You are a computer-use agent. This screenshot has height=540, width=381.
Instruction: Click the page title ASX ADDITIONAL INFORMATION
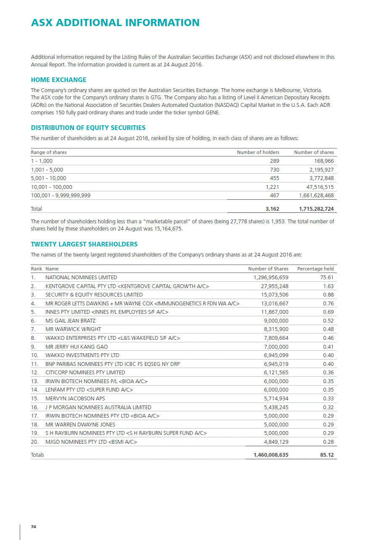[x=115, y=23]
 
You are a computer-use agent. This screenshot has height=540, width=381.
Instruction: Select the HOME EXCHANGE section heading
[x=59, y=80]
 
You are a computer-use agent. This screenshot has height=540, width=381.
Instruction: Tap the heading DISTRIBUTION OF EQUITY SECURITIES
[x=88, y=128]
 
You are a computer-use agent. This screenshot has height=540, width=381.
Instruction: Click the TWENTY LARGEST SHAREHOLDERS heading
[x=84, y=244]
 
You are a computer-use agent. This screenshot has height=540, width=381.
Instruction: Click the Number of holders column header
[x=258, y=152]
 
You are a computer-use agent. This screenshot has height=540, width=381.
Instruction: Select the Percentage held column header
[x=315, y=269]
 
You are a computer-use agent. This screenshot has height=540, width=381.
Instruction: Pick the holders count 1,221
[x=272, y=187]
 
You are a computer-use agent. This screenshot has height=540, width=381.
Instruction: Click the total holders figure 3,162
[x=271, y=209]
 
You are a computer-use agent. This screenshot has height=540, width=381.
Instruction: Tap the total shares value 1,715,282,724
[x=316, y=209]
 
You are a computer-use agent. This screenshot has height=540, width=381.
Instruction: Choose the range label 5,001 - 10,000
[x=48, y=178]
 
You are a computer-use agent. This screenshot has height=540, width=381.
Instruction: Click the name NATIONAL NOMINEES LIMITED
[x=81, y=278]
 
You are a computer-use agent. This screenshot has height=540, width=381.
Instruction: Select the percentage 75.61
[x=326, y=278]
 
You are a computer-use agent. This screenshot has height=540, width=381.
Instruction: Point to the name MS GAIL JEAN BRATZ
[x=70, y=321]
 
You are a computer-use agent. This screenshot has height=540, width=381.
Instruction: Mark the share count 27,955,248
[x=274, y=286]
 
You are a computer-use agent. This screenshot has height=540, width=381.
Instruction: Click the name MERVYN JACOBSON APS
[x=75, y=399]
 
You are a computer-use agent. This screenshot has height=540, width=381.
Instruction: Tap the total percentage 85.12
[x=326, y=455]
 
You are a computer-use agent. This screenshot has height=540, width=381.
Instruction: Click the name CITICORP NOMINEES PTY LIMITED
[x=85, y=373]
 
